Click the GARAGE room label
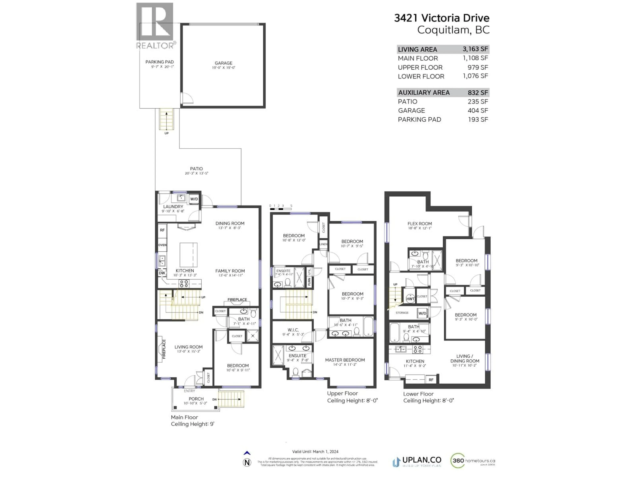click(x=223, y=63)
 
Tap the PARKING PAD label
click(x=159, y=62)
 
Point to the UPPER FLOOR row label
click(x=420, y=67)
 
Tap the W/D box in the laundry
click(x=194, y=199)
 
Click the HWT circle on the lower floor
click(x=410, y=299)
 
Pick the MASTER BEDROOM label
click(x=345, y=360)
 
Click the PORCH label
click(x=196, y=399)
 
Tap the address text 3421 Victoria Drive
click(x=441, y=18)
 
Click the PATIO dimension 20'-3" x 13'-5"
click(x=196, y=173)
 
